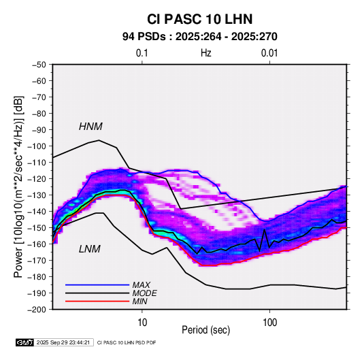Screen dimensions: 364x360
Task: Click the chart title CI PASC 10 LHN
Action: click(199, 19)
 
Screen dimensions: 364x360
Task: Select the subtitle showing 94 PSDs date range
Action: click(200, 37)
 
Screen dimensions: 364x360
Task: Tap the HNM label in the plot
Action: click(90, 127)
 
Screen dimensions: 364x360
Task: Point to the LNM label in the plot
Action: click(90, 249)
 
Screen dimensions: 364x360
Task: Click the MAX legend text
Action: click(141, 285)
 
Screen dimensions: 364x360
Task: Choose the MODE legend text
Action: click(144, 293)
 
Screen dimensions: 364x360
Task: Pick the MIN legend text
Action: click(139, 301)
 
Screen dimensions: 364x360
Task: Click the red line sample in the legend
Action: click(97, 301)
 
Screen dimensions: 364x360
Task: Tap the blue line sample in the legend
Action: click(97, 285)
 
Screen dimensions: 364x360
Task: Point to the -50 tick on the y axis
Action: click(39, 65)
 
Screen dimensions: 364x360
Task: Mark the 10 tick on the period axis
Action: click(142, 323)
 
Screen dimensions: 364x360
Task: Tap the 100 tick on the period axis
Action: click(269, 323)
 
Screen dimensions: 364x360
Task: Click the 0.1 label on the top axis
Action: click(142, 53)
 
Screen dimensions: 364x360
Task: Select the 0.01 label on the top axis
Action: click(269, 53)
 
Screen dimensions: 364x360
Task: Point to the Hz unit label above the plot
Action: click(206, 53)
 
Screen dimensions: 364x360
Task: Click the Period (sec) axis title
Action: click(206, 330)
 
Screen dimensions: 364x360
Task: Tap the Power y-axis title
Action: click(18, 187)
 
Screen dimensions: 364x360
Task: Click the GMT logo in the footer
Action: click(25, 342)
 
